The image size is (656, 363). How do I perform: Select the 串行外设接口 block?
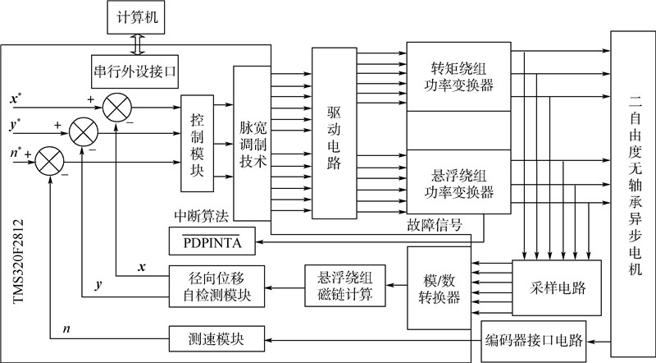point(134,72)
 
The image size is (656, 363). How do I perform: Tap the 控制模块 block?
point(197,143)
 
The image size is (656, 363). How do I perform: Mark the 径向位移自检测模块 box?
point(217,287)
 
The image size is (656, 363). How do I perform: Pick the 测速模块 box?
point(217,338)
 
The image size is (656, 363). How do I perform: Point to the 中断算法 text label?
point(201,216)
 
